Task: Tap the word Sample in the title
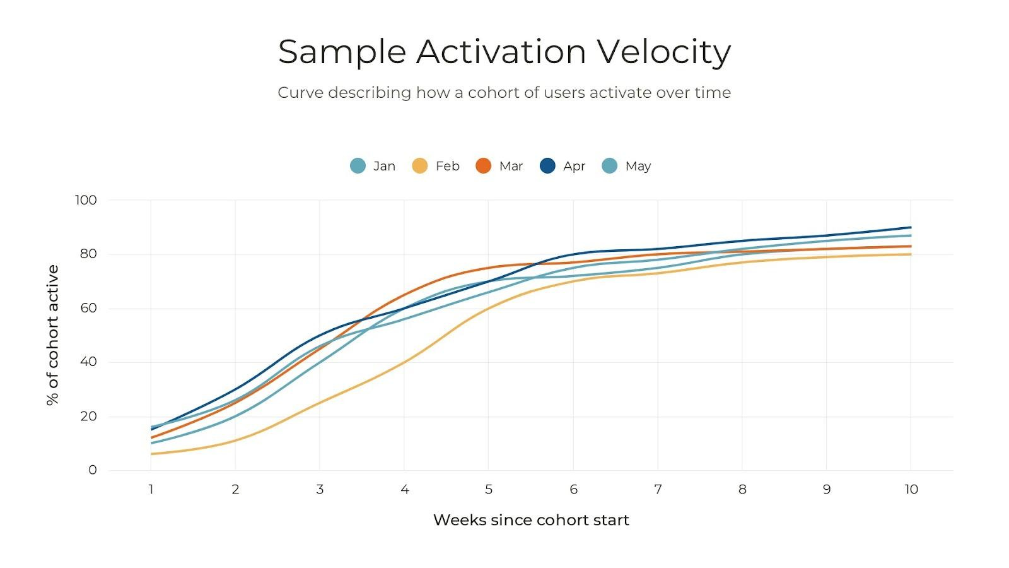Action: pyautogui.click(x=341, y=52)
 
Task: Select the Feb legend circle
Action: pyautogui.click(x=419, y=166)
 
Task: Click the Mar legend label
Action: pyautogui.click(x=511, y=166)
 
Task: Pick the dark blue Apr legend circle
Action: pyautogui.click(x=547, y=166)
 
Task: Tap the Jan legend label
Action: pyautogui.click(x=384, y=166)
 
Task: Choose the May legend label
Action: pyautogui.click(x=638, y=166)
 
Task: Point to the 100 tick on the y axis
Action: pyautogui.click(x=86, y=200)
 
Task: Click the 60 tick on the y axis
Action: pyautogui.click(x=88, y=308)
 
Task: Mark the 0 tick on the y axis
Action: pyautogui.click(x=93, y=470)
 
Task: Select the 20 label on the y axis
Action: pyautogui.click(x=88, y=416)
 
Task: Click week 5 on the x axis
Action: pyautogui.click(x=489, y=489)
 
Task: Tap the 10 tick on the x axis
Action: pyautogui.click(x=911, y=489)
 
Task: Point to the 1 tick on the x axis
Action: pyautogui.click(x=151, y=489)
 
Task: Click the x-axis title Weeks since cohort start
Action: pyautogui.click(x=531, y=520)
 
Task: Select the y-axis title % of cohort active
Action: pyautogui.click(x=52, y=335)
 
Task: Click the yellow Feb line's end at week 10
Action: pyautogui.click(x=910, y=254)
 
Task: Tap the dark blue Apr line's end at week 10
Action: pyautogui.click(x=910, y=227)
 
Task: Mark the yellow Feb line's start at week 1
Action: pyautogui.click(x=152, y=454)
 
